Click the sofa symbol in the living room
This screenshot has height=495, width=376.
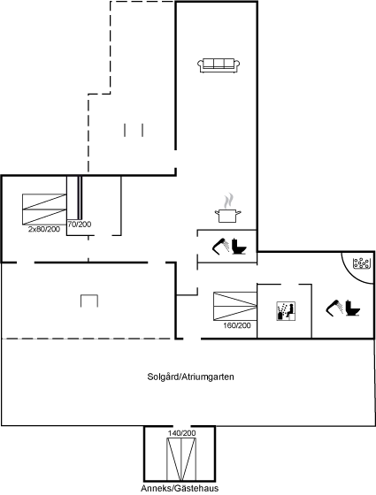tap(219, 65)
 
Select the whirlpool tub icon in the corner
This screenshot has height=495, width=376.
tap(362, 263)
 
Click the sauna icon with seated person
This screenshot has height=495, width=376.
tap(286, 311)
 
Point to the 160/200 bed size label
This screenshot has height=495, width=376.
tap(237, 325)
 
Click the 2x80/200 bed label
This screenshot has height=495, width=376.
tap(44, 229)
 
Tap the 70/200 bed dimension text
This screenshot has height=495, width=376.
tap(80, 225)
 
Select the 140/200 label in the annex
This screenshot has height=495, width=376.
tap(181, 433)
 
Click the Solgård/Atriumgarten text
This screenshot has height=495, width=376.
tap(190, 377)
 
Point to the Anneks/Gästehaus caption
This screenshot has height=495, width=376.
tap(180, 488)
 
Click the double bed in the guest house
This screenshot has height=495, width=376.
tap(181, 460)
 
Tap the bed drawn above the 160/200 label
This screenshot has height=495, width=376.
tap(235, 306)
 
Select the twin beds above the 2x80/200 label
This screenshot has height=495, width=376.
tap(44, 209)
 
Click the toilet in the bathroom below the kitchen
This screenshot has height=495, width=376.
tap(239, 247)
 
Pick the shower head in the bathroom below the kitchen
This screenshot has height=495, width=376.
tap(221, 246)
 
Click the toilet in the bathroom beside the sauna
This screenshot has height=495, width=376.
tap(353, 308)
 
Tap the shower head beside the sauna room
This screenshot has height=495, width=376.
tap(335, 308)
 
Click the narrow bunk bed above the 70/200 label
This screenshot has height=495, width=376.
tap(74, 198)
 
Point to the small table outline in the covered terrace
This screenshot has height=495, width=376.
tap(89, 301)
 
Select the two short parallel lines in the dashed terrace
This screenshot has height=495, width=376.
tap(134, 130)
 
